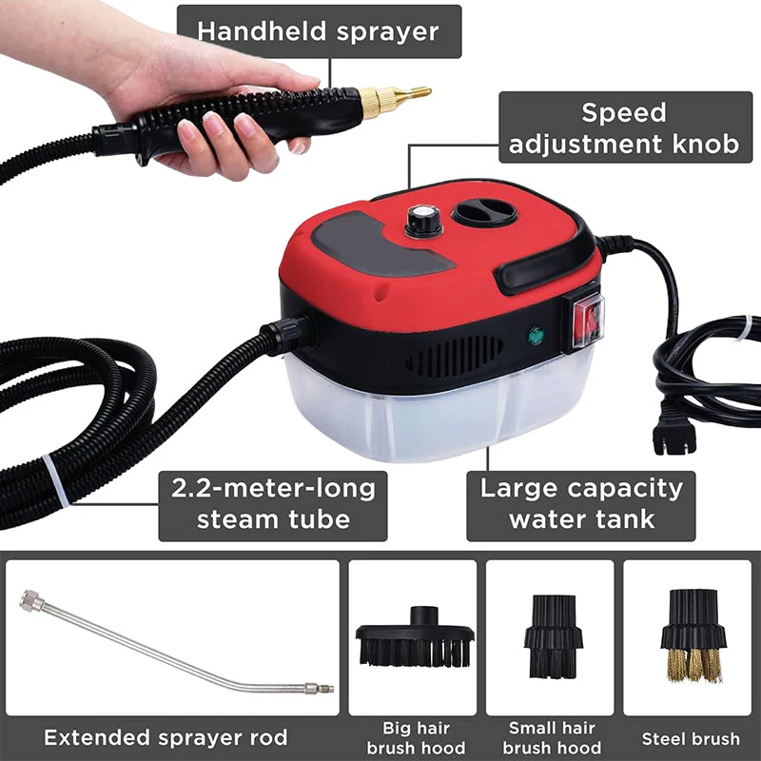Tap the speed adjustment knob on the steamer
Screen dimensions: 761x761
[423, 221]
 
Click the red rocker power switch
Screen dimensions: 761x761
[588, 320]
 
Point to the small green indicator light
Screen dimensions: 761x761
[536, 336]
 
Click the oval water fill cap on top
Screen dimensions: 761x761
[484, 212]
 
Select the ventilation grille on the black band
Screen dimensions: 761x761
[455, 358]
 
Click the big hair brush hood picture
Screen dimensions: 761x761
[415, 637]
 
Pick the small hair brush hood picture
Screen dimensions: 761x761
[553, 636]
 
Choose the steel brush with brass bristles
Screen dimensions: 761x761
[693, 635]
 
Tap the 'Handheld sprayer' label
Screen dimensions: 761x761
[319, 31]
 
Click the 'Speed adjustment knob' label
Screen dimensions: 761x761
[625, 127]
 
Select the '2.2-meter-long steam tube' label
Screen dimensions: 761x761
[273, 506]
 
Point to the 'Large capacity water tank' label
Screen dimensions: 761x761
[581, 506]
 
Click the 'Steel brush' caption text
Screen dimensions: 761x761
[691, 739]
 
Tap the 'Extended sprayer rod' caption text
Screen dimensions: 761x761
[166, 738]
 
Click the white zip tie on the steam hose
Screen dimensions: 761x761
[56, 481]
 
